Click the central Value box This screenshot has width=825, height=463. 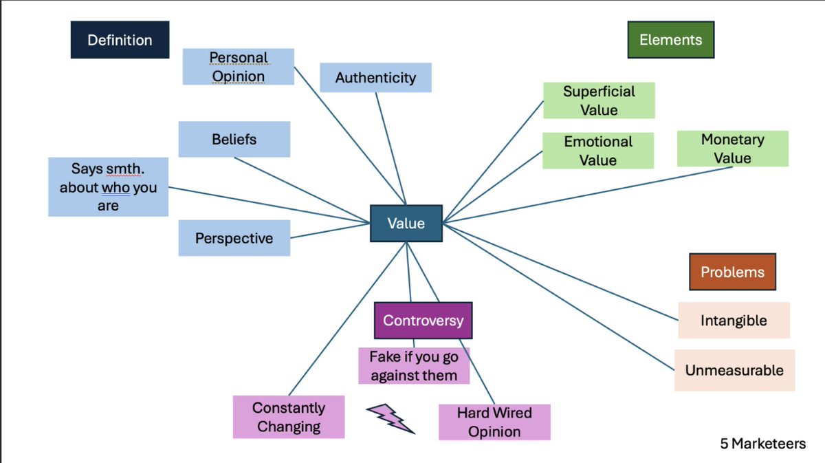click(406, 224)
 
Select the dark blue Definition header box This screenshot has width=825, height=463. click(120, 40)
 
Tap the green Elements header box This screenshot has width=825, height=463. click(671, 40)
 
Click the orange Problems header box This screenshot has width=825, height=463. click(733, 272)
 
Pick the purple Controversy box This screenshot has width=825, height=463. click(423, 321)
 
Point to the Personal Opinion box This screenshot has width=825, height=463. click(239, 67)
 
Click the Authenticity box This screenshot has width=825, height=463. click(375, 78)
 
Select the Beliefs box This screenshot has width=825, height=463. click(234, 140)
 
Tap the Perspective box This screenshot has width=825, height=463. click(234, 238)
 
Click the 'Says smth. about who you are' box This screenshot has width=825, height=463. click(109, 187)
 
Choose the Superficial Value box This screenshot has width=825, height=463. click(599, 100)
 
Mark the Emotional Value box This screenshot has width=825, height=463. click(598, 151)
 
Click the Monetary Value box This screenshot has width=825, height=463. click(733, 149)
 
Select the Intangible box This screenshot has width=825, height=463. click(734, 321)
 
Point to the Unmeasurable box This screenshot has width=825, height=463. click(735, 370)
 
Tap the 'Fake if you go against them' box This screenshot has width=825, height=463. click(414, 366)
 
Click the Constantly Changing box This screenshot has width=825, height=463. click(289, 417)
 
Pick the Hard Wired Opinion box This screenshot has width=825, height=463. click(494, 422)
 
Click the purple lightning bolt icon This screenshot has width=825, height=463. click(390, 419)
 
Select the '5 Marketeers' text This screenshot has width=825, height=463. click(763, 444)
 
